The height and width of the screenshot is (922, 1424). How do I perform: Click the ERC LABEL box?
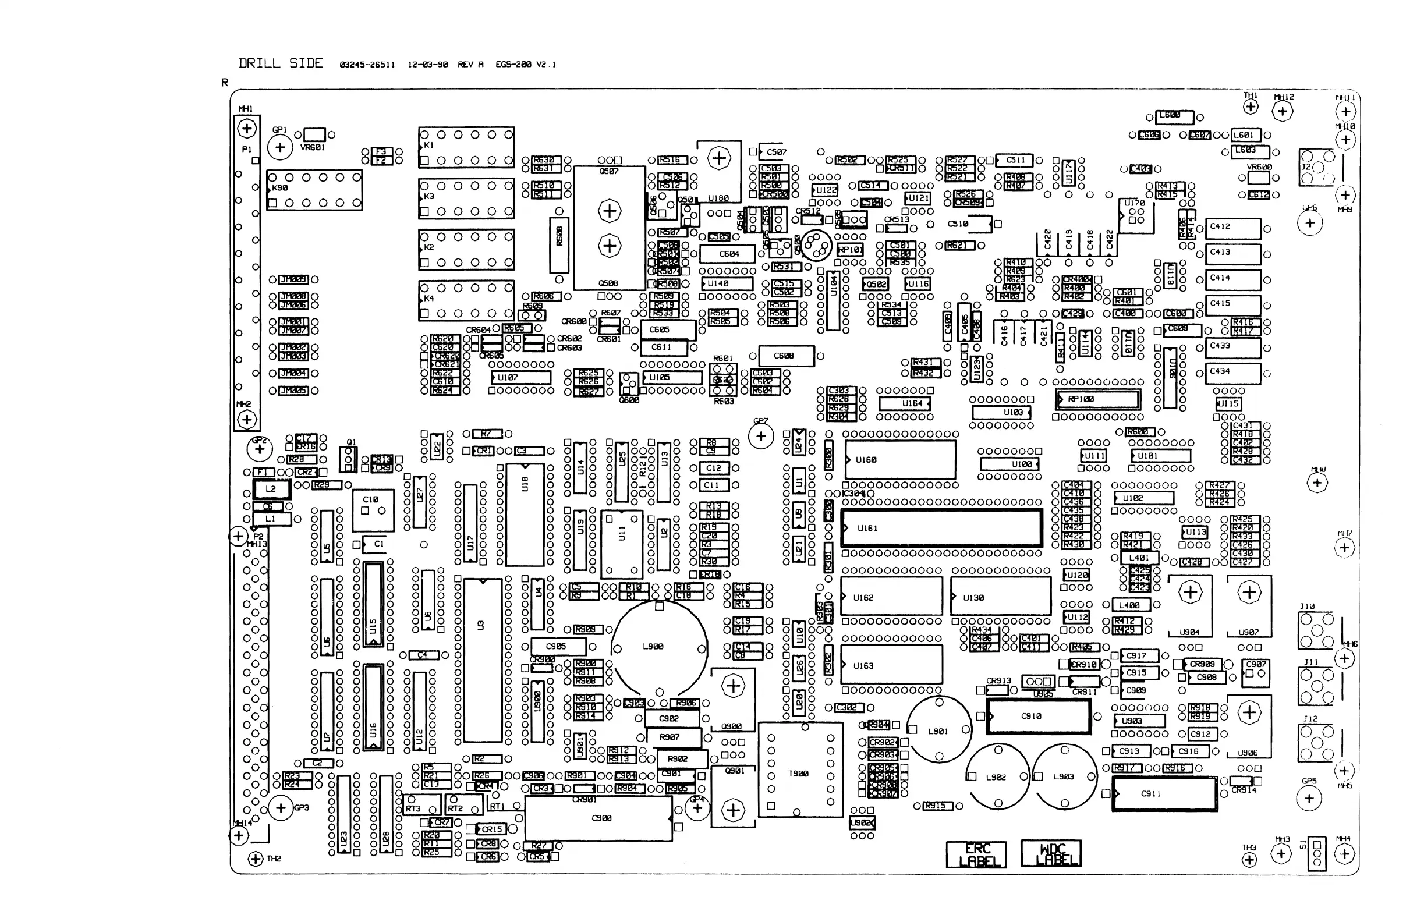pyautogui.click(x=976, y=854)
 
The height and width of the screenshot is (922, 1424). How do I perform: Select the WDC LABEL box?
pyautogui.click(x=1051, y=854)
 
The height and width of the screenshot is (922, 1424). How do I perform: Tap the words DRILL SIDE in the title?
pyautogui.click(x=281, y=63)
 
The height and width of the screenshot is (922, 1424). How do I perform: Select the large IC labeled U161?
pyautogui.click(x=942, y=528)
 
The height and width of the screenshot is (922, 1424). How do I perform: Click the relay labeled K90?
pyautogui.click(x=314, y=190)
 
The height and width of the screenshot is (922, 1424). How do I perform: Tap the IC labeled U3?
pyautogui.click(x=482, y=661)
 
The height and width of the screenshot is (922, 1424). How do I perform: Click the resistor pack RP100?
pyautogui.click(x=1098, y=399)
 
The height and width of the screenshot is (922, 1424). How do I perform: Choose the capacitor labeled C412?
pyautogui.click(x=1232, y=228)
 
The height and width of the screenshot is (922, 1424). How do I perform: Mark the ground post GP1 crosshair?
pyautogui.click(x=279, y=147)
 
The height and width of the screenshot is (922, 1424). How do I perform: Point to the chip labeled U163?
pyautogui.click(x=891, y=665)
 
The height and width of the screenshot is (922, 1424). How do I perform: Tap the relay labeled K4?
pyautogui.click(x=466, y=300)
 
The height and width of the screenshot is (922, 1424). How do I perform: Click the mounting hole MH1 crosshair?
pyautogui.click(x=246, y=128)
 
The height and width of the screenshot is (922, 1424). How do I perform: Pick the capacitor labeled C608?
pyautogui.click(x=785, y=356)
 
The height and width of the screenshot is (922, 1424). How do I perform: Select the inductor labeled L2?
pyautogui.click(x=271, y=489)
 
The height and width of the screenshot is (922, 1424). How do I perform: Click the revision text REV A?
pyautogui.click(x=470, y=65)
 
